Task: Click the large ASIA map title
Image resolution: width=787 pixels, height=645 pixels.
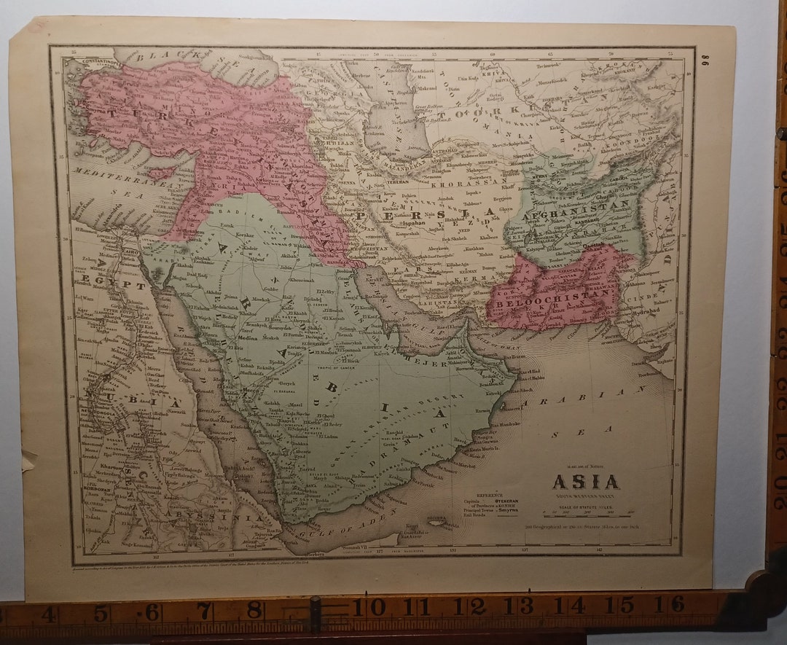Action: pos(585,482)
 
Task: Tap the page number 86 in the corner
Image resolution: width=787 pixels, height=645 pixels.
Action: pos(705,62)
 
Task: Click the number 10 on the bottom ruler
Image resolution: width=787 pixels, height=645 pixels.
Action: pos(376,606)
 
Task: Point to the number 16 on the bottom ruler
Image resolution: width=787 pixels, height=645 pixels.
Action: pos(677,604)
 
